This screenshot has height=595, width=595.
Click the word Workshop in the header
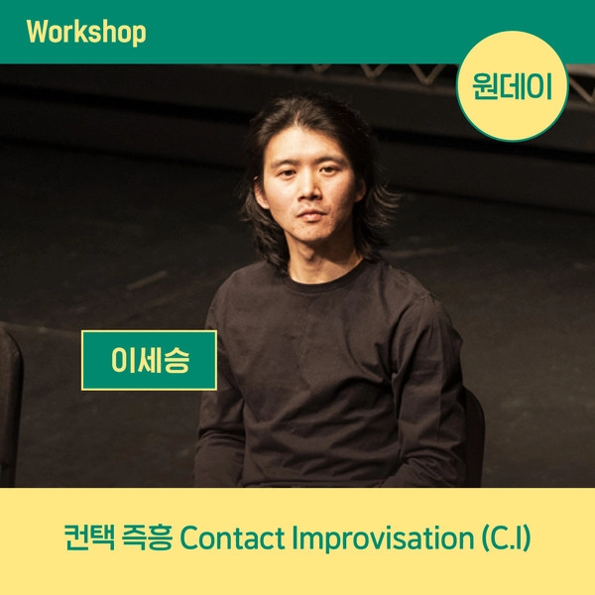tap(86, 32)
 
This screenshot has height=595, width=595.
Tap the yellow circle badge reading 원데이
tap(513, 84)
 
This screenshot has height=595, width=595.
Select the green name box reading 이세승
tap(149, 360)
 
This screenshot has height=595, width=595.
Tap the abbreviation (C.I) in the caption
tap(507, 540)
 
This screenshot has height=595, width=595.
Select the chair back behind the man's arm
tap(474, 426)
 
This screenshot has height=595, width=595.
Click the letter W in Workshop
tap(37, 32)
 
